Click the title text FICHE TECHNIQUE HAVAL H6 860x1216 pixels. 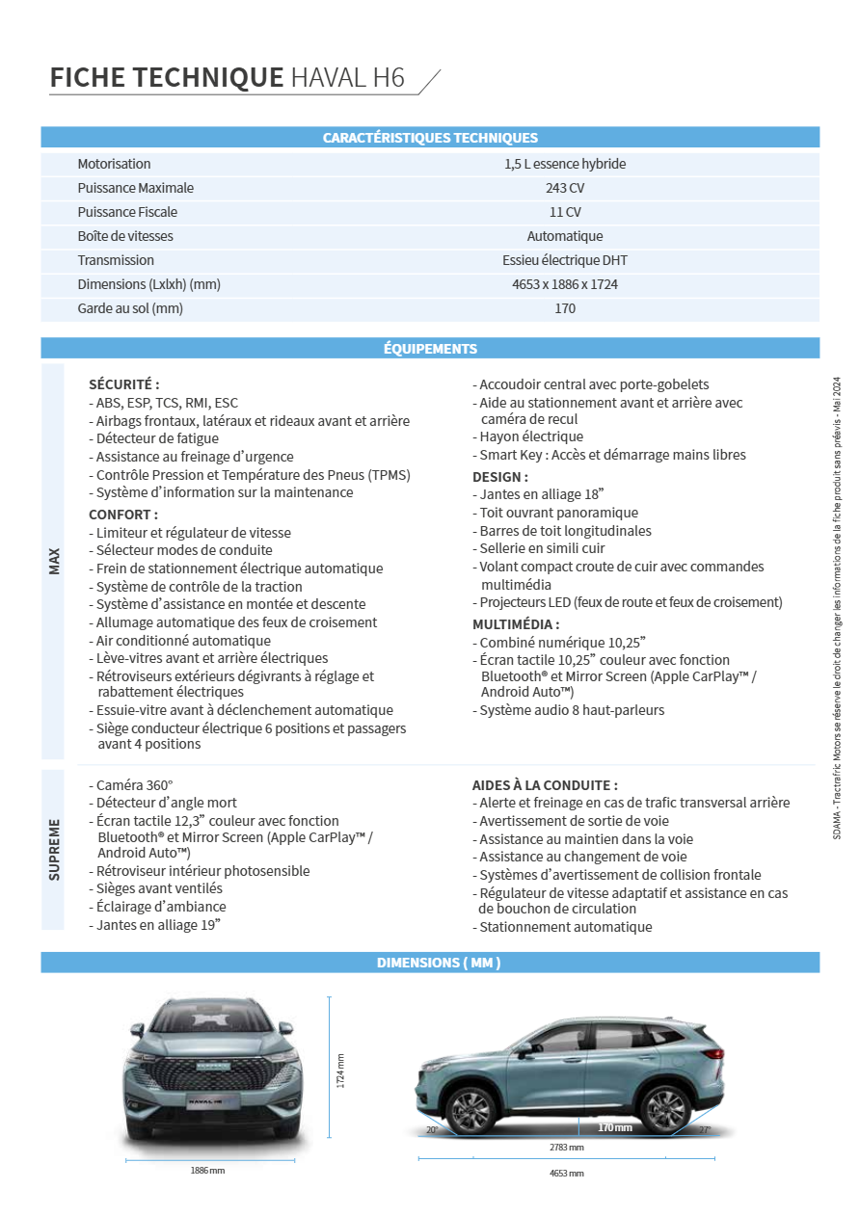click(228, 77)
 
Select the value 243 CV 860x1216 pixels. click(565, 188)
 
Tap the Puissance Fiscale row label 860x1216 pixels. click(127, 212)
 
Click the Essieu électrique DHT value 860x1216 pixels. click(565, 260)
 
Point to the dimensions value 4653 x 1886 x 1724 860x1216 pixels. click(565, 284)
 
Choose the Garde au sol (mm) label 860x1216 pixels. click(130, 308)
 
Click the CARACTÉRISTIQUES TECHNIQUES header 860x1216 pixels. click(430, 138)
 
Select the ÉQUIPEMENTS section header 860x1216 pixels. click(430, 349)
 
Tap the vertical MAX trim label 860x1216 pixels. click(54, 562)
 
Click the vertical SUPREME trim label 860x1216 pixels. click(54, 849)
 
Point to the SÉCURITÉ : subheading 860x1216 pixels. click(123, 383)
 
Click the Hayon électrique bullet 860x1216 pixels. click(531, 436)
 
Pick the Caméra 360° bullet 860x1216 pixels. click(134, 785)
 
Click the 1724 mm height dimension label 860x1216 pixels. click(340, 1071)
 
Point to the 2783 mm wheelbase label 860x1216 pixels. click(566, 1148)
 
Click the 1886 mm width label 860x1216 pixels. click(207, 1171)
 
